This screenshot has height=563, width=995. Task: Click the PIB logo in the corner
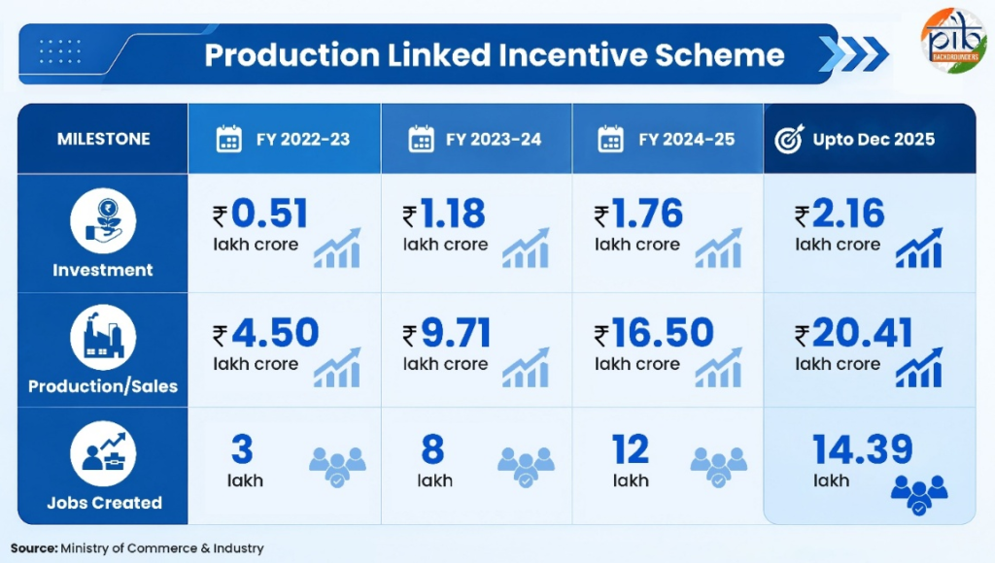tap(954, 40)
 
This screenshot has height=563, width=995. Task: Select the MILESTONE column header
tap(103, 139)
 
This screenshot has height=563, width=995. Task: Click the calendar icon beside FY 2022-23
tap(229, 139)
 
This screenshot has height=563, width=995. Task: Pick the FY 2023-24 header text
tap(494, 140)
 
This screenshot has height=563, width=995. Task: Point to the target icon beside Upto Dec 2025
tap(789, 139)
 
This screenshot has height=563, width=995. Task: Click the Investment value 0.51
tap(269, 214)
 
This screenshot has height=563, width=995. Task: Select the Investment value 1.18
tap(453, 214)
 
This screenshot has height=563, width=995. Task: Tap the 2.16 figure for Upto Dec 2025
tap(847, 214)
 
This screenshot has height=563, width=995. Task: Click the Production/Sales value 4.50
tap(275, 333)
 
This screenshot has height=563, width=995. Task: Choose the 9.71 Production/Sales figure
tap(457, 333)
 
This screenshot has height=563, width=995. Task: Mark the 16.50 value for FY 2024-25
tap(663, 333)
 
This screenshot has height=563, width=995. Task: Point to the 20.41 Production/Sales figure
tap(863, 333)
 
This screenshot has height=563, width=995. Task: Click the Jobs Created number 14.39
tap(863, 449)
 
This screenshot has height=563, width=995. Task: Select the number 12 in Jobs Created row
tap(630, 449)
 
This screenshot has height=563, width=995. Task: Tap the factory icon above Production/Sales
tap(103, 337)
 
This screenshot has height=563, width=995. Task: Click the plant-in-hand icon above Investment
tap(103, 220)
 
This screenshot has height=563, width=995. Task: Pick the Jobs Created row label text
tap(104, 503)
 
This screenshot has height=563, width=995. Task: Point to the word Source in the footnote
tap(34, 548)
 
